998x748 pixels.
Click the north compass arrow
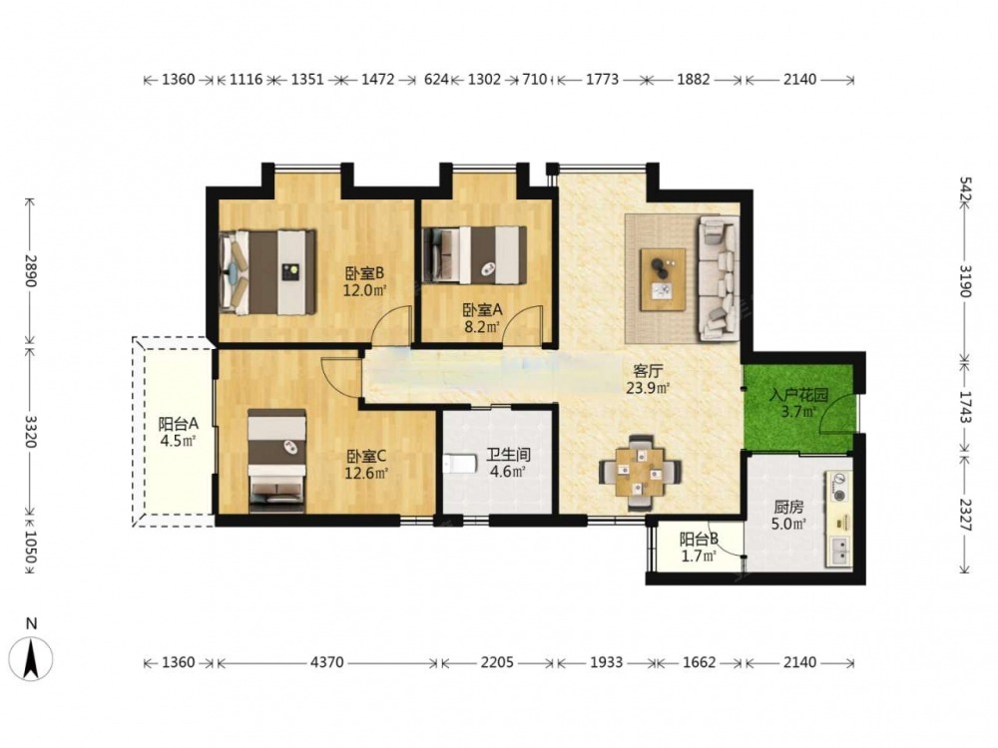pyautogui.click(x=31, y=659)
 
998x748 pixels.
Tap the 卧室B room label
pyautogui.click(x=364, y=273)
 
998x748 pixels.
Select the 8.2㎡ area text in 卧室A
pyautogui.click(x=481, y=327)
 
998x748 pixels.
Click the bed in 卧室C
pyautogui.click(x=276, y=461)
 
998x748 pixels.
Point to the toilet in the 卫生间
pyautogui.click(x=458, y=464)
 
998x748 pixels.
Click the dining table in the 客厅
pyautogui.click(x=640, y=473)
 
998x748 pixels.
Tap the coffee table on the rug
pyautogui.click(x=664, y=279)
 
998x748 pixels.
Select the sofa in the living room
pyautogui.click(x=720, y=278)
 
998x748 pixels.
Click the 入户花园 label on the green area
pyautogui.click(x=798, y=395)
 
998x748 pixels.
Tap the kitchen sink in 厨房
pyautogui.click(x=840, y=552)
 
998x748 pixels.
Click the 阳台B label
pyautogui.click(x=699, y=540)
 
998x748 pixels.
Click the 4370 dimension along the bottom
pyautogui.click(x=327, y=663)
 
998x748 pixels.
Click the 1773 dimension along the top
pyautogui.click(x=602, y=80)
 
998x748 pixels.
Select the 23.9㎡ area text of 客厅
pyautogui.click(x=648, y=387)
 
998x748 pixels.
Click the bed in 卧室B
pyautogui.click(x=267, y=272)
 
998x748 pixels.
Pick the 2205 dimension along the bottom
pyautogui.click(x=497, y=663)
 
